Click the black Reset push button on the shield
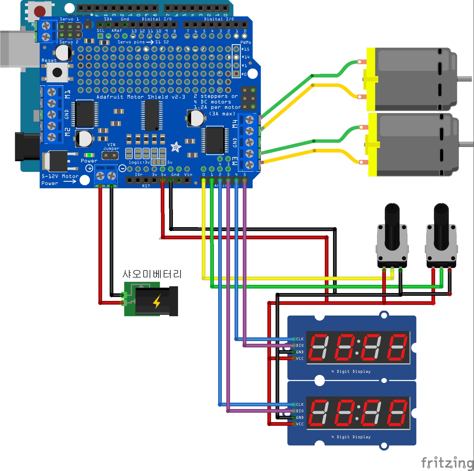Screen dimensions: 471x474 57,72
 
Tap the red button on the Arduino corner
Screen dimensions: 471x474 39,11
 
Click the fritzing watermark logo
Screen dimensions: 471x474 447,463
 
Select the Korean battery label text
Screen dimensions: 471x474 152,274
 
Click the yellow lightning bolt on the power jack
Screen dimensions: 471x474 157,302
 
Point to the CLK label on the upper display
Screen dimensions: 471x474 300,339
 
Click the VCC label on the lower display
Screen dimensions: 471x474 300,424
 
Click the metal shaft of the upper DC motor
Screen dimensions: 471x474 465,79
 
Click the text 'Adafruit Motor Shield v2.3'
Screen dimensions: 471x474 141,97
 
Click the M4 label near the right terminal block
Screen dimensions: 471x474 235,124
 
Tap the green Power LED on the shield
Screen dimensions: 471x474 89,155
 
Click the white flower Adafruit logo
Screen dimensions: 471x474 176,147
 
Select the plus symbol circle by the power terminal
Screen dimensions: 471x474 89,168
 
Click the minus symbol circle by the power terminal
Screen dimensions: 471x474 122,168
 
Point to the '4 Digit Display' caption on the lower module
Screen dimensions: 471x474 351,437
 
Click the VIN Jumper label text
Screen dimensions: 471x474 111,147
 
